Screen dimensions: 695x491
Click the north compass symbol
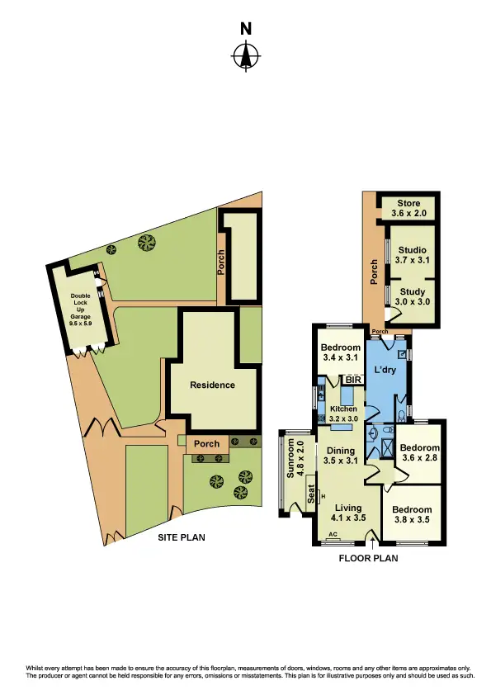(x=245, y=56)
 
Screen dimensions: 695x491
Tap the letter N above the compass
(x=245, y=29)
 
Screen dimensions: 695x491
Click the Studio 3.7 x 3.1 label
(x=413, y=255)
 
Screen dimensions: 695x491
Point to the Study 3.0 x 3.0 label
(x=413, y=297)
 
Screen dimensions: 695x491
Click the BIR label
(x=354, y=381)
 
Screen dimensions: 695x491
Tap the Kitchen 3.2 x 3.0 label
(x=343, y=414)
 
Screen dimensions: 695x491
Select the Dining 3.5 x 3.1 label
(x=339, y=456)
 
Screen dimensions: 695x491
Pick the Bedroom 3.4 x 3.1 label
(x=341, y=352)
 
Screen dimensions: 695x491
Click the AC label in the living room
(x=333, y=535)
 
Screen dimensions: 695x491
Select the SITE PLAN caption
(x=182, y=537)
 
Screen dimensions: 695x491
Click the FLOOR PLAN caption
(x=369, y=558)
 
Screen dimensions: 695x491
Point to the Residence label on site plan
(x=212, y=385)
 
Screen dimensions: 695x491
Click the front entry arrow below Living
(x=374, y=542)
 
